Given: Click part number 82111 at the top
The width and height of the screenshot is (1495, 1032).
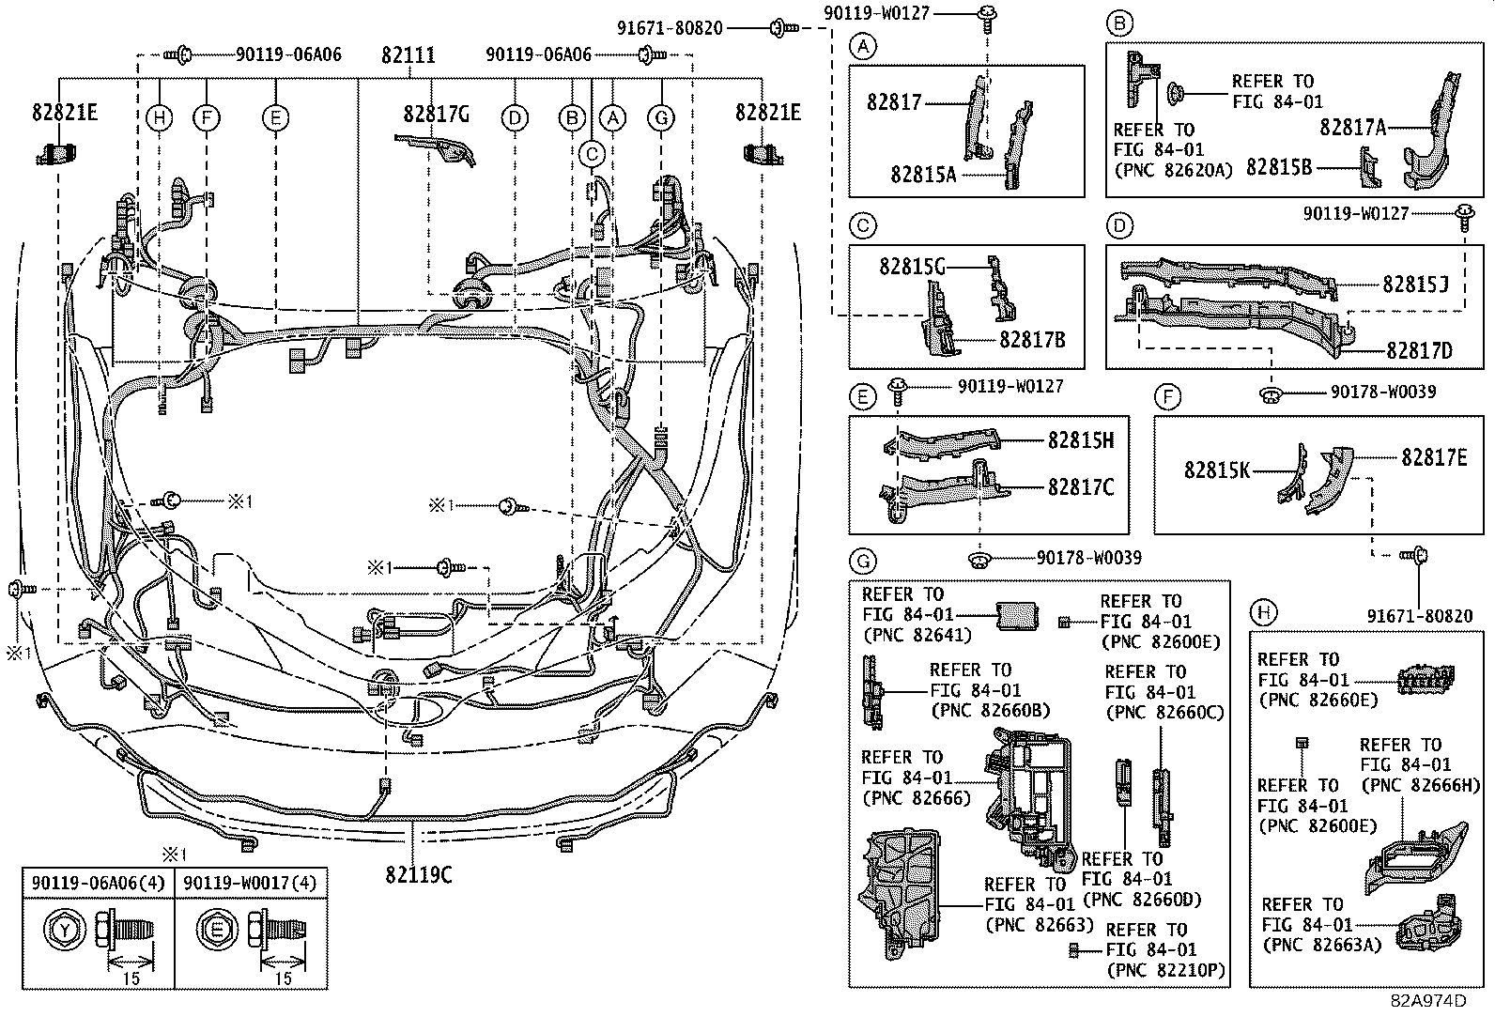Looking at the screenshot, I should (x=408, y=55).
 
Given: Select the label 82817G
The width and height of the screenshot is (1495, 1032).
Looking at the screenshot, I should (x=436, y=114).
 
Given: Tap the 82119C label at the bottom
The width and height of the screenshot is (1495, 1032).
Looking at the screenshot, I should (x=418, y=874).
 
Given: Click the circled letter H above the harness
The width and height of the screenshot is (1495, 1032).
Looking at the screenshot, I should (x=161, y=117).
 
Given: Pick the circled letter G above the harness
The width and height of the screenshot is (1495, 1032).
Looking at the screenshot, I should (x=662, y=117).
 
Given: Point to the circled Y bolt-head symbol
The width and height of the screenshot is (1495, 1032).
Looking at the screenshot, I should (x=64, y=931).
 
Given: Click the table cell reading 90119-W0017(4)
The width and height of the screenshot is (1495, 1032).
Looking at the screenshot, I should (x=250, y=883).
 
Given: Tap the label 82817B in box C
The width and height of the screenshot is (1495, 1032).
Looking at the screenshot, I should (x=1032, y=340).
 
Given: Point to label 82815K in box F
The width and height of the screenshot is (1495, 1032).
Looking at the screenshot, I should (x=1216, y=470).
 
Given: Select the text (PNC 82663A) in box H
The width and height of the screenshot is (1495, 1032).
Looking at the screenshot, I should (x=1320, y=945).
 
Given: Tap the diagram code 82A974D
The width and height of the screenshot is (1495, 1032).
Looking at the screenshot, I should (x=1427, y=1000).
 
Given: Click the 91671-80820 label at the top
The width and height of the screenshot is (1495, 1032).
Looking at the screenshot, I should (x=670, y=28).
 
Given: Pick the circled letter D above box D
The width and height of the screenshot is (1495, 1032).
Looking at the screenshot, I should (x=1120, y=225).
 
